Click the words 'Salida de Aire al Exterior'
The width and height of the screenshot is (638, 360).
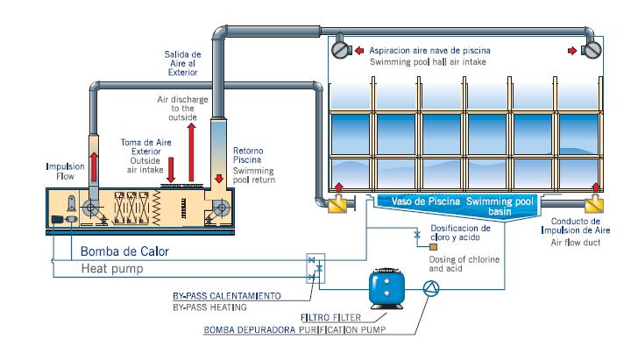click(183, 64)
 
